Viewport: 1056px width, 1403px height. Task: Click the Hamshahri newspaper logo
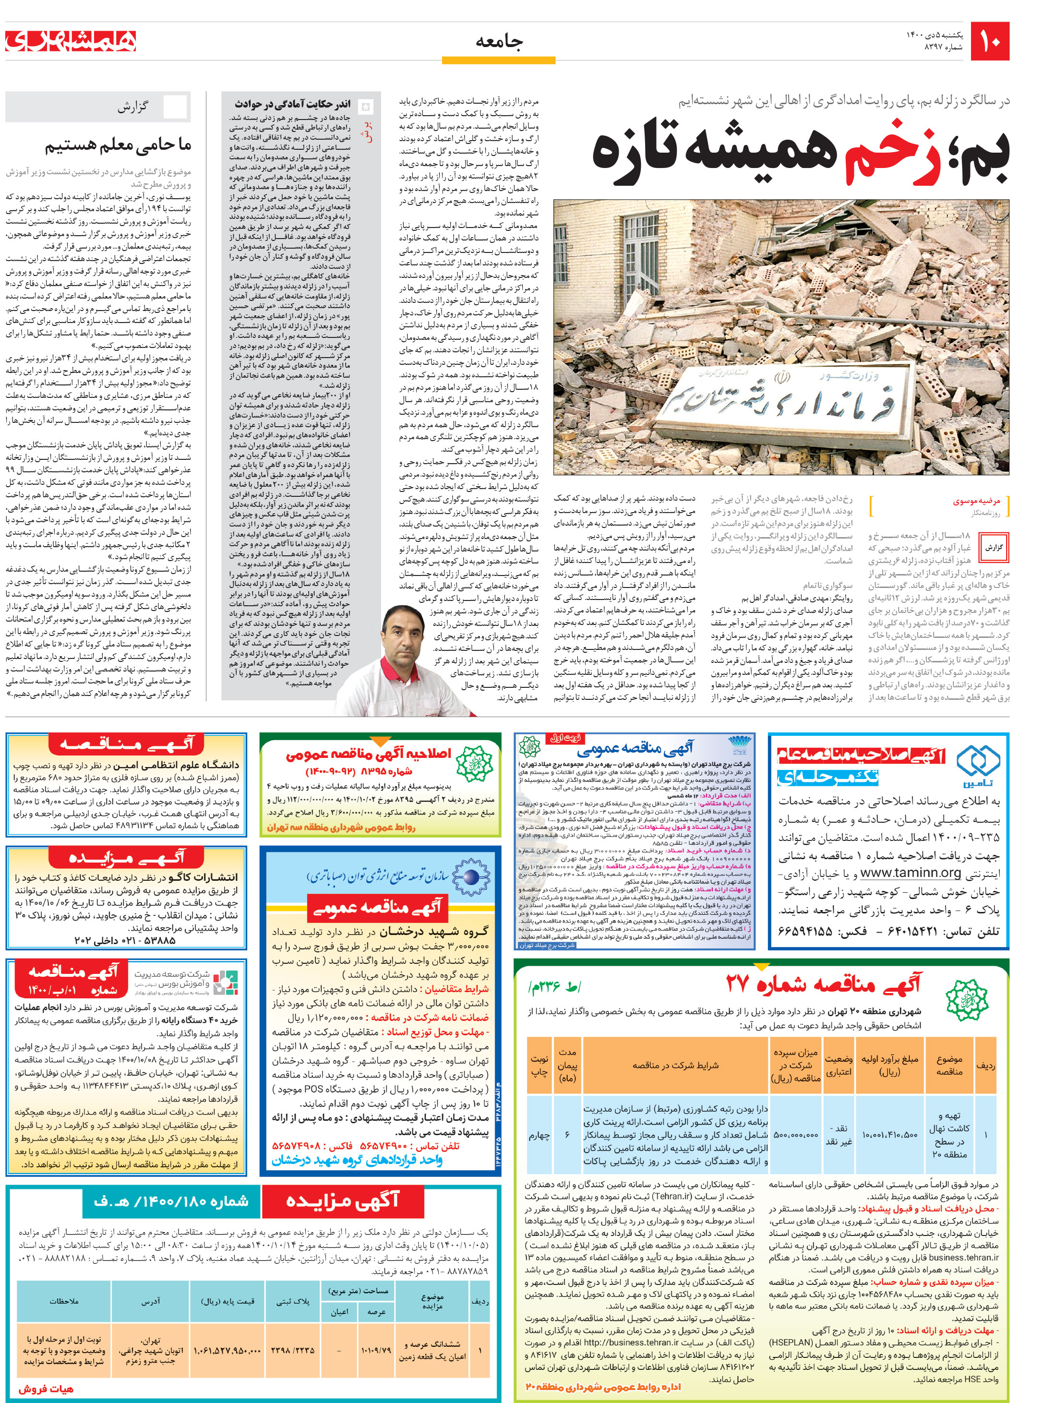pos(71,41)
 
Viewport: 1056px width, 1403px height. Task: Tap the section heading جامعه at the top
pos(499,42)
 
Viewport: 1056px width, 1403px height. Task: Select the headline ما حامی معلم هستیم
pos(118,145)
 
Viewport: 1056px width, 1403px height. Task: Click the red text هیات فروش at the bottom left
pos(45,1389)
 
